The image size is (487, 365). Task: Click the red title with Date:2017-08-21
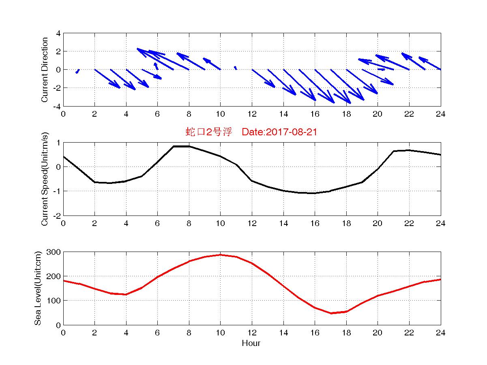tap(251, 132)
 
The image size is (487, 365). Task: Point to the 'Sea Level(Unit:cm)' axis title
tap(38, 288)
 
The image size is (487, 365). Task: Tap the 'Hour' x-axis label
tap(251, 344)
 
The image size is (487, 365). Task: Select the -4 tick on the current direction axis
tap(56, 106)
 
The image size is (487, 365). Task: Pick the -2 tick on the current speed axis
tap(56, 216)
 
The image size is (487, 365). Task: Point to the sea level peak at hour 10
tap(220, 255)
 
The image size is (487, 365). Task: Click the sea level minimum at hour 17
tap(331, 313)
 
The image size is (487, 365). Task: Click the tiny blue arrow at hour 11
tap(235, 68)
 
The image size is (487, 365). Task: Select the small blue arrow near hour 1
tap(77, 71)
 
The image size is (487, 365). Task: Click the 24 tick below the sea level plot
tap(441, 333)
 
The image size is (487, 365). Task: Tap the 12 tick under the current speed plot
tap(252, 223)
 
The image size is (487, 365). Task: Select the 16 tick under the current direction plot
tap(315, 114)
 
